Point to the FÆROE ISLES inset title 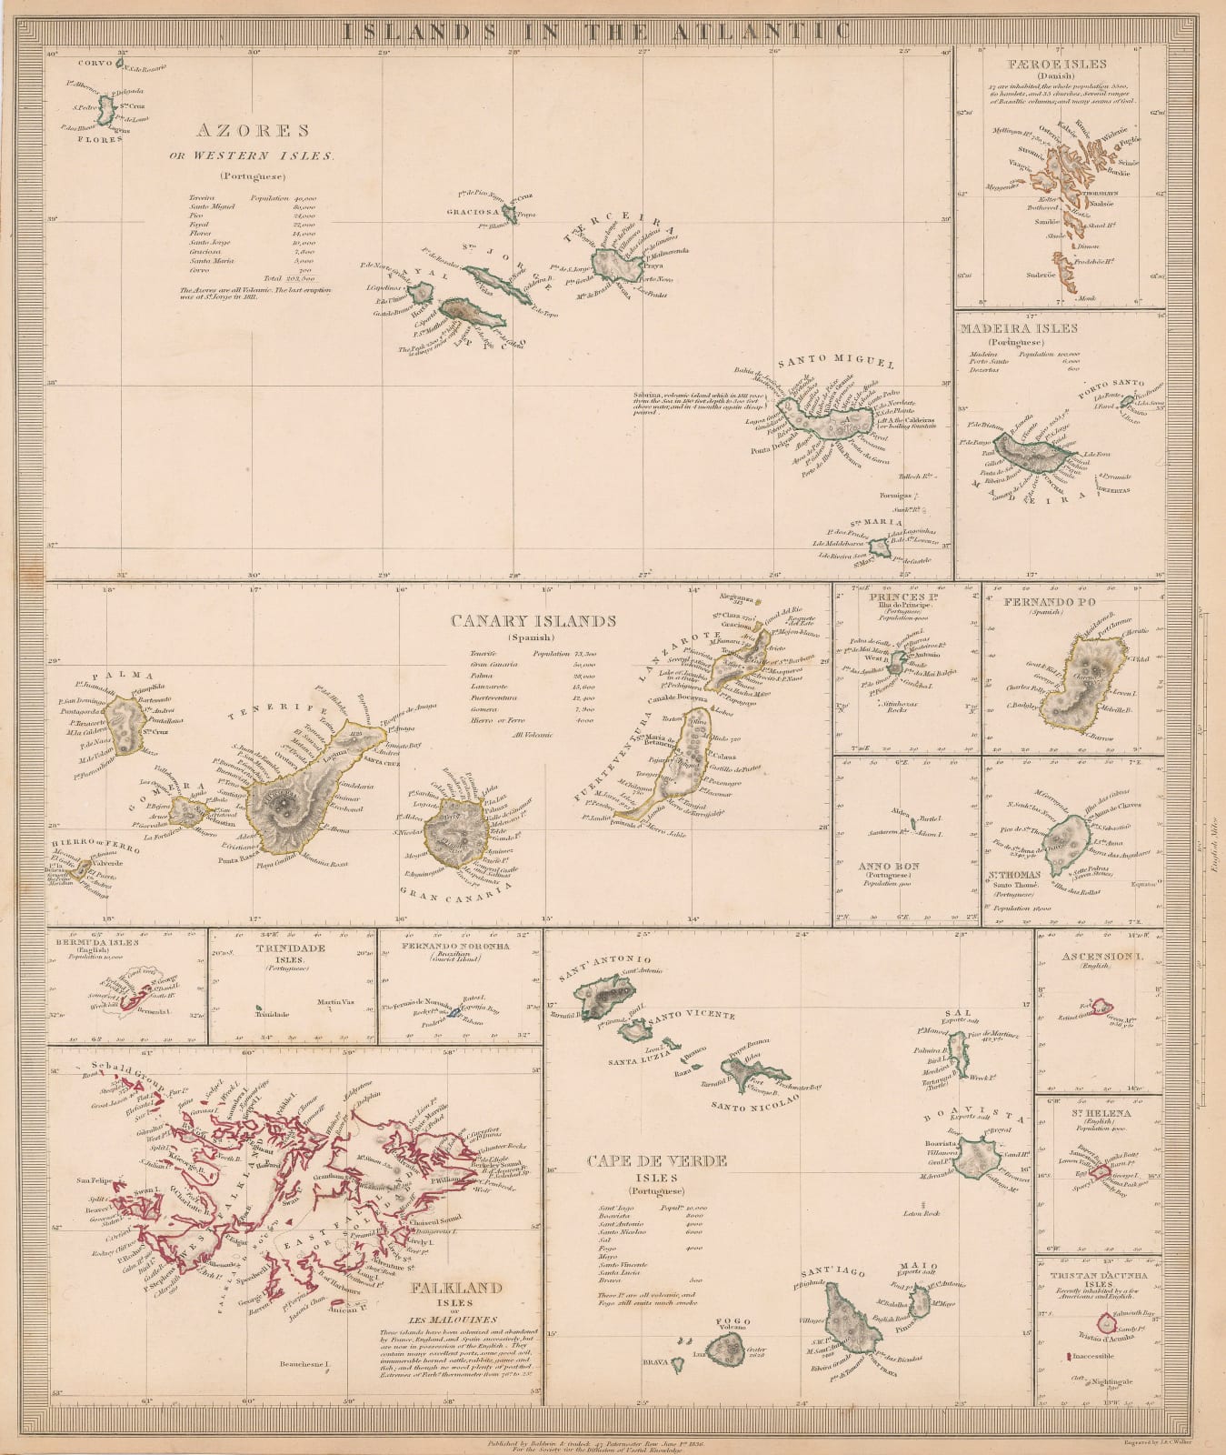1057,65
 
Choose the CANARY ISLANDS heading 533,621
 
